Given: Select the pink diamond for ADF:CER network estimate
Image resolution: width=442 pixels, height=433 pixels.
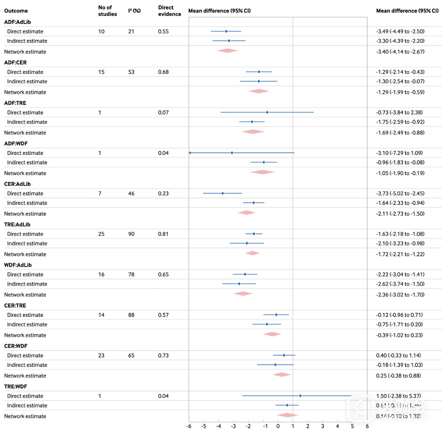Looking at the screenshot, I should point(259,91).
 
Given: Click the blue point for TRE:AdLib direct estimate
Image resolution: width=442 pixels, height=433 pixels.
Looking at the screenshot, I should point(254,234).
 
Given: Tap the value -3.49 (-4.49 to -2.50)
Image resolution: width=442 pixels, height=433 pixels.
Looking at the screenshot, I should point(400,31).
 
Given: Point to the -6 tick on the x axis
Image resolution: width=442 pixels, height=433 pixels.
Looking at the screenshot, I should point(188,426).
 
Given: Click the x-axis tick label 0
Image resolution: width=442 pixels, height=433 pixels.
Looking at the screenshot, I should point(278,426).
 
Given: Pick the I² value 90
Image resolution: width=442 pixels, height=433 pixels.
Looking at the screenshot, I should point(132,234).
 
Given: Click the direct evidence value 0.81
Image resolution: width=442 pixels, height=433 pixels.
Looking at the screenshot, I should point(163,234).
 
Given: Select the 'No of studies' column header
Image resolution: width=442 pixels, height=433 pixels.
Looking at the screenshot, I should point(108,10).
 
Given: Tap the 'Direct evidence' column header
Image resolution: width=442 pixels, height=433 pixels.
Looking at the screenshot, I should point(166,10).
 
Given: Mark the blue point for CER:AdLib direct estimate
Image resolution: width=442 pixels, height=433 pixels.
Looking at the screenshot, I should point(222,193).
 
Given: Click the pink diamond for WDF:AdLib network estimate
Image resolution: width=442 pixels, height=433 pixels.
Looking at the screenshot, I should point(243,294).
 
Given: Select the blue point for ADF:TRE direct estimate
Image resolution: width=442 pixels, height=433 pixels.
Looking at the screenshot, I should point(267,113).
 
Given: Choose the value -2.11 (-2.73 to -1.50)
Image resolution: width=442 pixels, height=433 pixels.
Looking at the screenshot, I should point(400,214).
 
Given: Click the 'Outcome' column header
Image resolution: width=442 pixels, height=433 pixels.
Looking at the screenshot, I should point(16,10).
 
